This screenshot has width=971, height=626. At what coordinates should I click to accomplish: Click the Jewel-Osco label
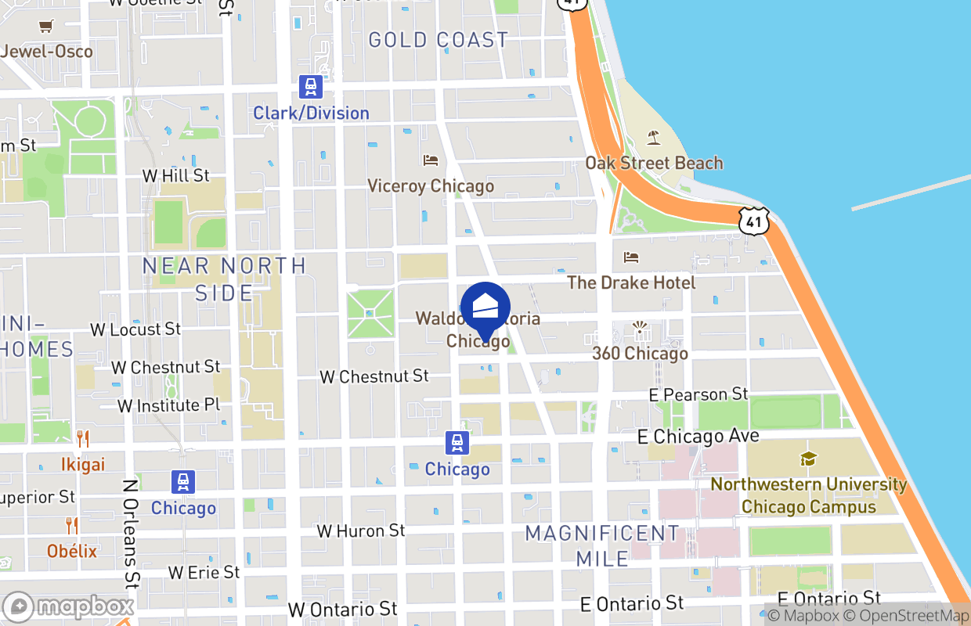[x=47, y=52]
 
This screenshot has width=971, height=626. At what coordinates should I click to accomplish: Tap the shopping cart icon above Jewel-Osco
[x=45, y=27]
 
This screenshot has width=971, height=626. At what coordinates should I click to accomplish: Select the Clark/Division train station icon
[x=311, y=87]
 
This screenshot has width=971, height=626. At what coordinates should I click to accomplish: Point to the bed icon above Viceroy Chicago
[x=431, y=160]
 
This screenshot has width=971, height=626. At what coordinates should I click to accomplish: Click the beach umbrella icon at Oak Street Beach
[x=654, y=139]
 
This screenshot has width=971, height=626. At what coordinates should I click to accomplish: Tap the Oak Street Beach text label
[x=654, y=163]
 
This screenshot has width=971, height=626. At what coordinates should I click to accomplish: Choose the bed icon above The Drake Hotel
[x=631, y=257]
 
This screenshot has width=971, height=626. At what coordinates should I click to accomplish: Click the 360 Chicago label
[x=640, y=353]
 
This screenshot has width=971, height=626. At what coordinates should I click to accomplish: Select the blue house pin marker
[x=485, y=310]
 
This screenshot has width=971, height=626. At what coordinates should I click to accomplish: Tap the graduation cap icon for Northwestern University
[x=808, y=459]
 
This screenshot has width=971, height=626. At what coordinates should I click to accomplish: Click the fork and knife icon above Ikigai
[x=83, y=438]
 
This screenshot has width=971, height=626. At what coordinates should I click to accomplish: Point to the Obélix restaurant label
[x=72, y=551]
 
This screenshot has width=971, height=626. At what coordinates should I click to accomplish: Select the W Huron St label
[x=360, y=531]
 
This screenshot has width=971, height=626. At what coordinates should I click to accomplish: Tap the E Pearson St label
[x=698, y=394]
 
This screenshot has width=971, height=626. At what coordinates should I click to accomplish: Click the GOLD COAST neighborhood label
[x=438, y=40]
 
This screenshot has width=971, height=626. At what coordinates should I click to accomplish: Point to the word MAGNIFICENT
[x=602, y=534]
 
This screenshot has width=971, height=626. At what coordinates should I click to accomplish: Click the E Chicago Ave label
[x=698, y=436]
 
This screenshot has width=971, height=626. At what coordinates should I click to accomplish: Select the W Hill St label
[x=175, y=175]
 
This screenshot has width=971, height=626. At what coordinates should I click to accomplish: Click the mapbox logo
[x=69, y=606]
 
